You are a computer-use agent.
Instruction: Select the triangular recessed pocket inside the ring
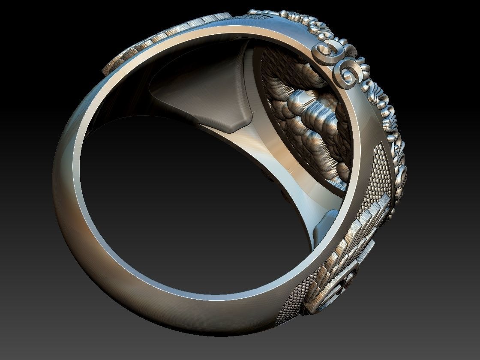tap(201, 94)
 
